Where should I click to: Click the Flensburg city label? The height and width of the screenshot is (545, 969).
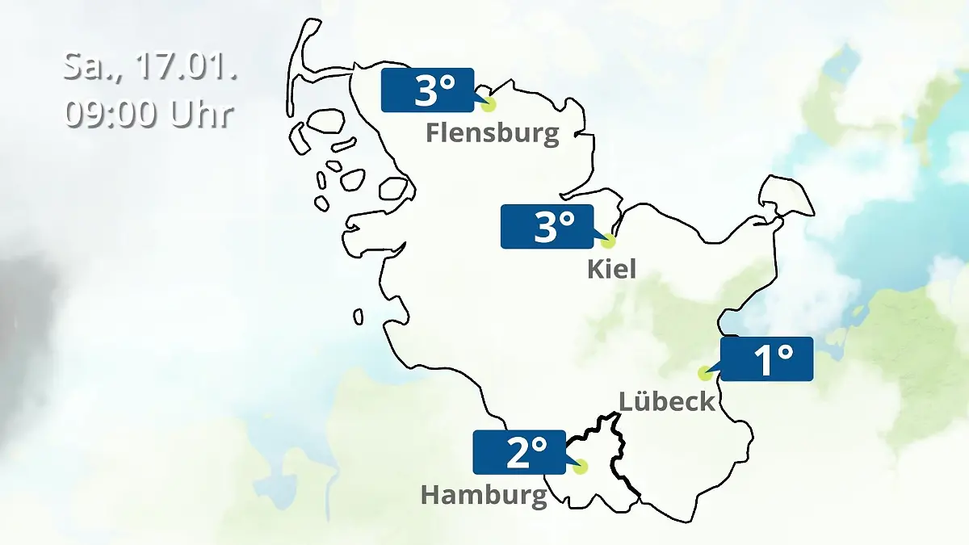pos(492,132)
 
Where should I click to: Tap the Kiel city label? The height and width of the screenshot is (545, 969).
pos(611,268)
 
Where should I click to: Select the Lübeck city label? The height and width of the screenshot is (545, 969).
pos(667,400)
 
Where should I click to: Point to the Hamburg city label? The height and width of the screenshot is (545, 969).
pos(484,494)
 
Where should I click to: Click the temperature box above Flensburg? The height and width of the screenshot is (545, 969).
pos(427,90)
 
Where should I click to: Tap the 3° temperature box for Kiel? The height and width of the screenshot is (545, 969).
pos(547,227)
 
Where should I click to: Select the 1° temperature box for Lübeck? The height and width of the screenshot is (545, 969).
pos(766,358)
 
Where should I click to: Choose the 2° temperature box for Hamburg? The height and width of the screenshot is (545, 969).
pos(518,452)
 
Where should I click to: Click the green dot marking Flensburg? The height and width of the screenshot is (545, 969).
pos(488,104)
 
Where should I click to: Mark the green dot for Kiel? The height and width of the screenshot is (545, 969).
pos(608,241)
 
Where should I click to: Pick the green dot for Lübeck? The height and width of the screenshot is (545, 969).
pos(705,373)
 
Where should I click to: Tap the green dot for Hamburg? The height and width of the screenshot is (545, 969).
pos(580,467)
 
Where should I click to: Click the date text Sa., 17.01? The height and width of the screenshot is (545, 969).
pos(150,66)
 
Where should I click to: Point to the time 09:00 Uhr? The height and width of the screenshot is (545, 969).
pos(149,113)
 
